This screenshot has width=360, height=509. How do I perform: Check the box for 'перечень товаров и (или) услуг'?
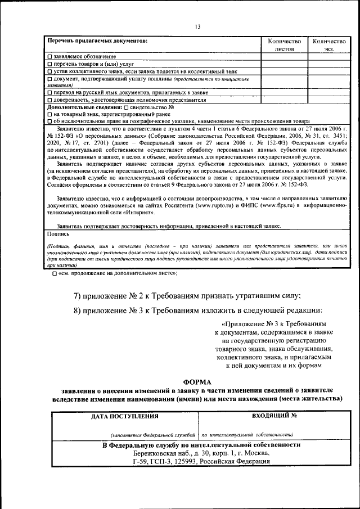[x=50, y=65]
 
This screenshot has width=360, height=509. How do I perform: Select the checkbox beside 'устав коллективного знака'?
[x=50, y=72]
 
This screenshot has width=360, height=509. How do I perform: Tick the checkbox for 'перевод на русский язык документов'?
[x=50, y=92]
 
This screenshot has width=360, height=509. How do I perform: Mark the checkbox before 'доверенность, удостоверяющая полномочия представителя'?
[x=50, y=100]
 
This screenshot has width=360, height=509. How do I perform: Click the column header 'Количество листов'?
[x=284, y=45]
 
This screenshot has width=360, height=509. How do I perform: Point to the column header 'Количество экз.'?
[x=328, y=45]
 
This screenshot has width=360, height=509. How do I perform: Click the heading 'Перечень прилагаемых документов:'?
[x=97, y=41]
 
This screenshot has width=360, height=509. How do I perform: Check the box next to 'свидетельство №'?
[x=125, y=107]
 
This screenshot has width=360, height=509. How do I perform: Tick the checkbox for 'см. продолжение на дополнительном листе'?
[x=55, y=273]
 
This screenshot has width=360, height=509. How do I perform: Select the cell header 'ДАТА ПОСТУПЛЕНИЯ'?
[x=125, y=417]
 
